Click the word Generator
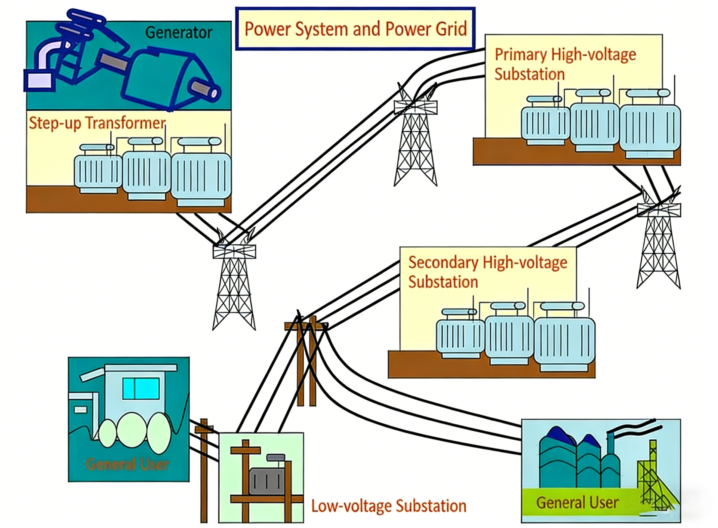pyautogui.click(x=178, y=32)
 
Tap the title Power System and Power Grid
pyautogui.click(x=355, y=29)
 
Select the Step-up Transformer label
pyautogui.click(x=97, y=123)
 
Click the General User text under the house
pyautogui.click(x=127, y=464)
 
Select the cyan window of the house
pyautogui.click(x=141, y=388)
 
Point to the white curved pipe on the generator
pyautogui.click(x=48, y=54)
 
